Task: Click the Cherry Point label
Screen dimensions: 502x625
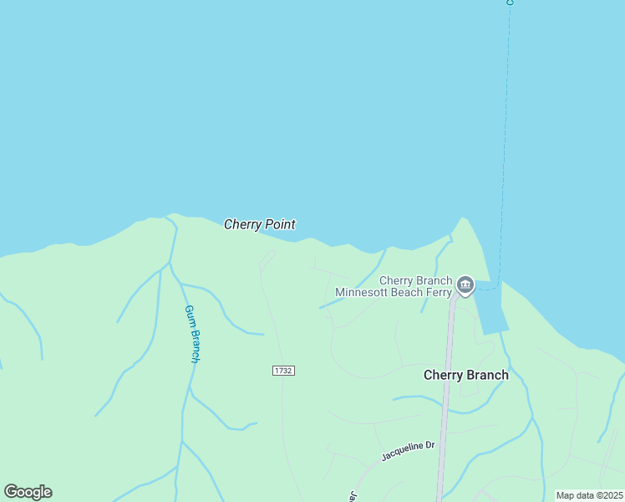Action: pyautogui.click(x=259, y=224)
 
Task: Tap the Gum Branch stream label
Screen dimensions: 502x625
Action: pyautogui.click(x=192, y=333)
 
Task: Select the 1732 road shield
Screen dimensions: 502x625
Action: pyautogui.click(x=283, y=371)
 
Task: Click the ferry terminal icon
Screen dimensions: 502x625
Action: pyautogui.click(x=465, y=286)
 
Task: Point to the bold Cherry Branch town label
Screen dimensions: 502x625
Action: pyautogui.click(x=465, y=375)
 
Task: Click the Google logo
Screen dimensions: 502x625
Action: pyautogui.click(x=28, y=492)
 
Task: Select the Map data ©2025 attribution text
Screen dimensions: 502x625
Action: pyautogui.click(x=589, y=495)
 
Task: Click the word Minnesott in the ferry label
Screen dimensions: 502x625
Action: pyautogui.click(x=361, y=292)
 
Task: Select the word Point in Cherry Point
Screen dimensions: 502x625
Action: pyautogui.click(x=280, y=224)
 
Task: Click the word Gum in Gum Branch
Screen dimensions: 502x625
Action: pyautogui.click(x=188, y=313)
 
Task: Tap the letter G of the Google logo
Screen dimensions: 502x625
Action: pyautogui.click(x=11, y=492)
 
